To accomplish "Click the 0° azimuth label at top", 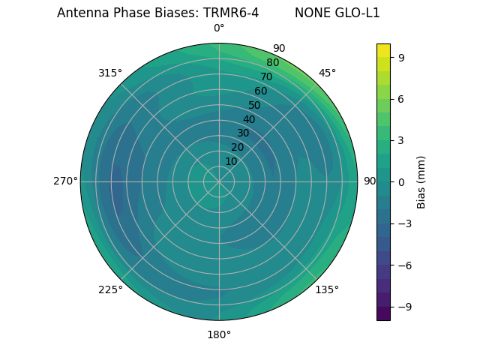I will [x=219, y=28].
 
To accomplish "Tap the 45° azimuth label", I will [x=327, y=73].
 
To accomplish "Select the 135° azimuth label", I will [x=327, y=289].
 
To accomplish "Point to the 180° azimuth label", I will [x=219, y=334].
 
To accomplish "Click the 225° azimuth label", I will [x=110, y=289].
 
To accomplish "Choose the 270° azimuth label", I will [x=65, y=181].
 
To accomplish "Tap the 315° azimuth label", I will [x=110, y=73].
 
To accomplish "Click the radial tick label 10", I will [x=231, y=161].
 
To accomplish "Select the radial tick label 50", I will [x=255, y=106].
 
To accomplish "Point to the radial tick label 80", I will [x=273, y=63].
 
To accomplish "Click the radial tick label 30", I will [x=243, y=133].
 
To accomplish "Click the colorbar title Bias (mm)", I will [x=421, y=182].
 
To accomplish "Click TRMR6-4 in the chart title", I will [x=231, y=13].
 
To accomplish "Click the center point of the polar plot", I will [x=219, y=181].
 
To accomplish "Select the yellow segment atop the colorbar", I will [x=383, y=50].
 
